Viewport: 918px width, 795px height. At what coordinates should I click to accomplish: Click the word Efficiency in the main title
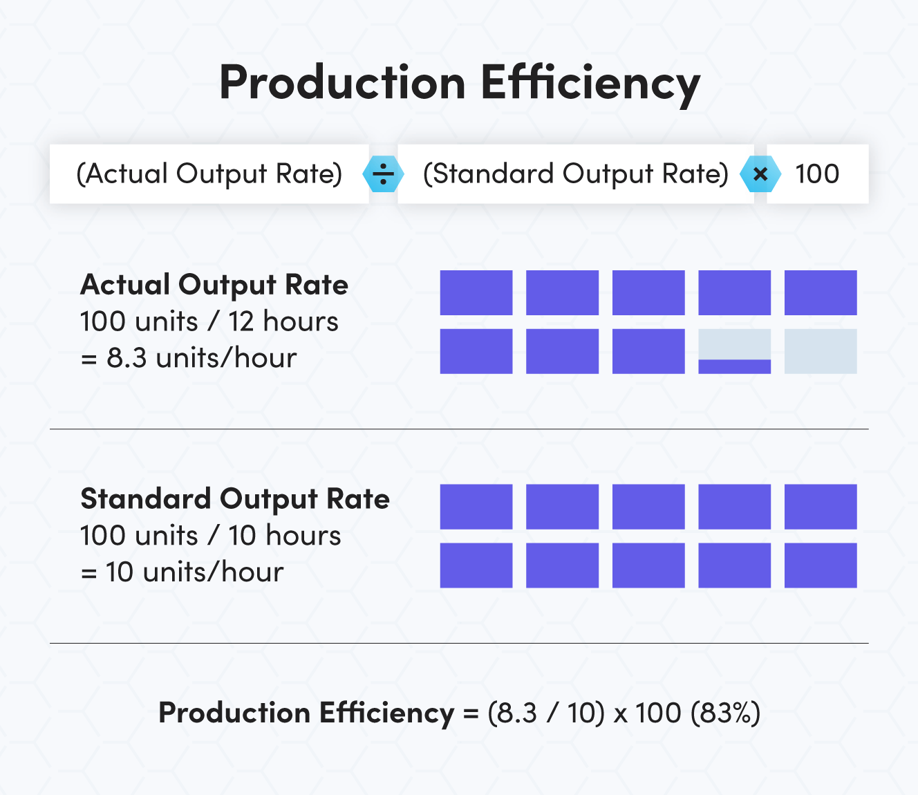coord(590,83)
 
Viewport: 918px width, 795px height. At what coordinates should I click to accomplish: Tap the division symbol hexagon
coord(383,174)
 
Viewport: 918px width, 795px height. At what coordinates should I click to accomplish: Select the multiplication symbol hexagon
coord(760,174)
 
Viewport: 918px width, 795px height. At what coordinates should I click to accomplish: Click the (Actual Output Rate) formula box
coord(209,174)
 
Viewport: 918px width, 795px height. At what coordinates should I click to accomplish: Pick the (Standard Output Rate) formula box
coord(575,174)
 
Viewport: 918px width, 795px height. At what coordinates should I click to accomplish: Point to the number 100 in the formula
coord(817,174)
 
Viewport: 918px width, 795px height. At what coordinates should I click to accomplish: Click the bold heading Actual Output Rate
coord(214,285)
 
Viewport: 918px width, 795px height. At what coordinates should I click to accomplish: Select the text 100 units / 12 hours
coord(209,321)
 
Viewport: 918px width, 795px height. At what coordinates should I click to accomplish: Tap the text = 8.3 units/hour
coord(189,358)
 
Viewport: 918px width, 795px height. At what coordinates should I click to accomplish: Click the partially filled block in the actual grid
coord(734,352)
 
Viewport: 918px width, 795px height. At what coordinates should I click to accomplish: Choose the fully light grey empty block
coord(821,351)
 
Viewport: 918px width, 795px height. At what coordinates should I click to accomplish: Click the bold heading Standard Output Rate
coord(235,499)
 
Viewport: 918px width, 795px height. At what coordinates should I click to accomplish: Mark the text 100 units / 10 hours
coord(211,536)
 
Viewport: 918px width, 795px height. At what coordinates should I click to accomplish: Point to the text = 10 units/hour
coord(182,572)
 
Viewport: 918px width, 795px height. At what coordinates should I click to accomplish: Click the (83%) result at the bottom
coord(726,713)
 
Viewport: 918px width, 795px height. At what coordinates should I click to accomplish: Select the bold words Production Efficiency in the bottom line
coord(306,713)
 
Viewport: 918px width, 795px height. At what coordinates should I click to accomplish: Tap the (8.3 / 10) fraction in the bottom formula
coord(546,713)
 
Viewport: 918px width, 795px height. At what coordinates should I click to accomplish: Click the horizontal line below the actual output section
coord(459,429)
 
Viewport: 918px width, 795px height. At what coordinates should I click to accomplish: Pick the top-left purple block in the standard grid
coord(476,507)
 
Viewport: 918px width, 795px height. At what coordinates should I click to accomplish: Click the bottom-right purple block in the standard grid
coord(821,565)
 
